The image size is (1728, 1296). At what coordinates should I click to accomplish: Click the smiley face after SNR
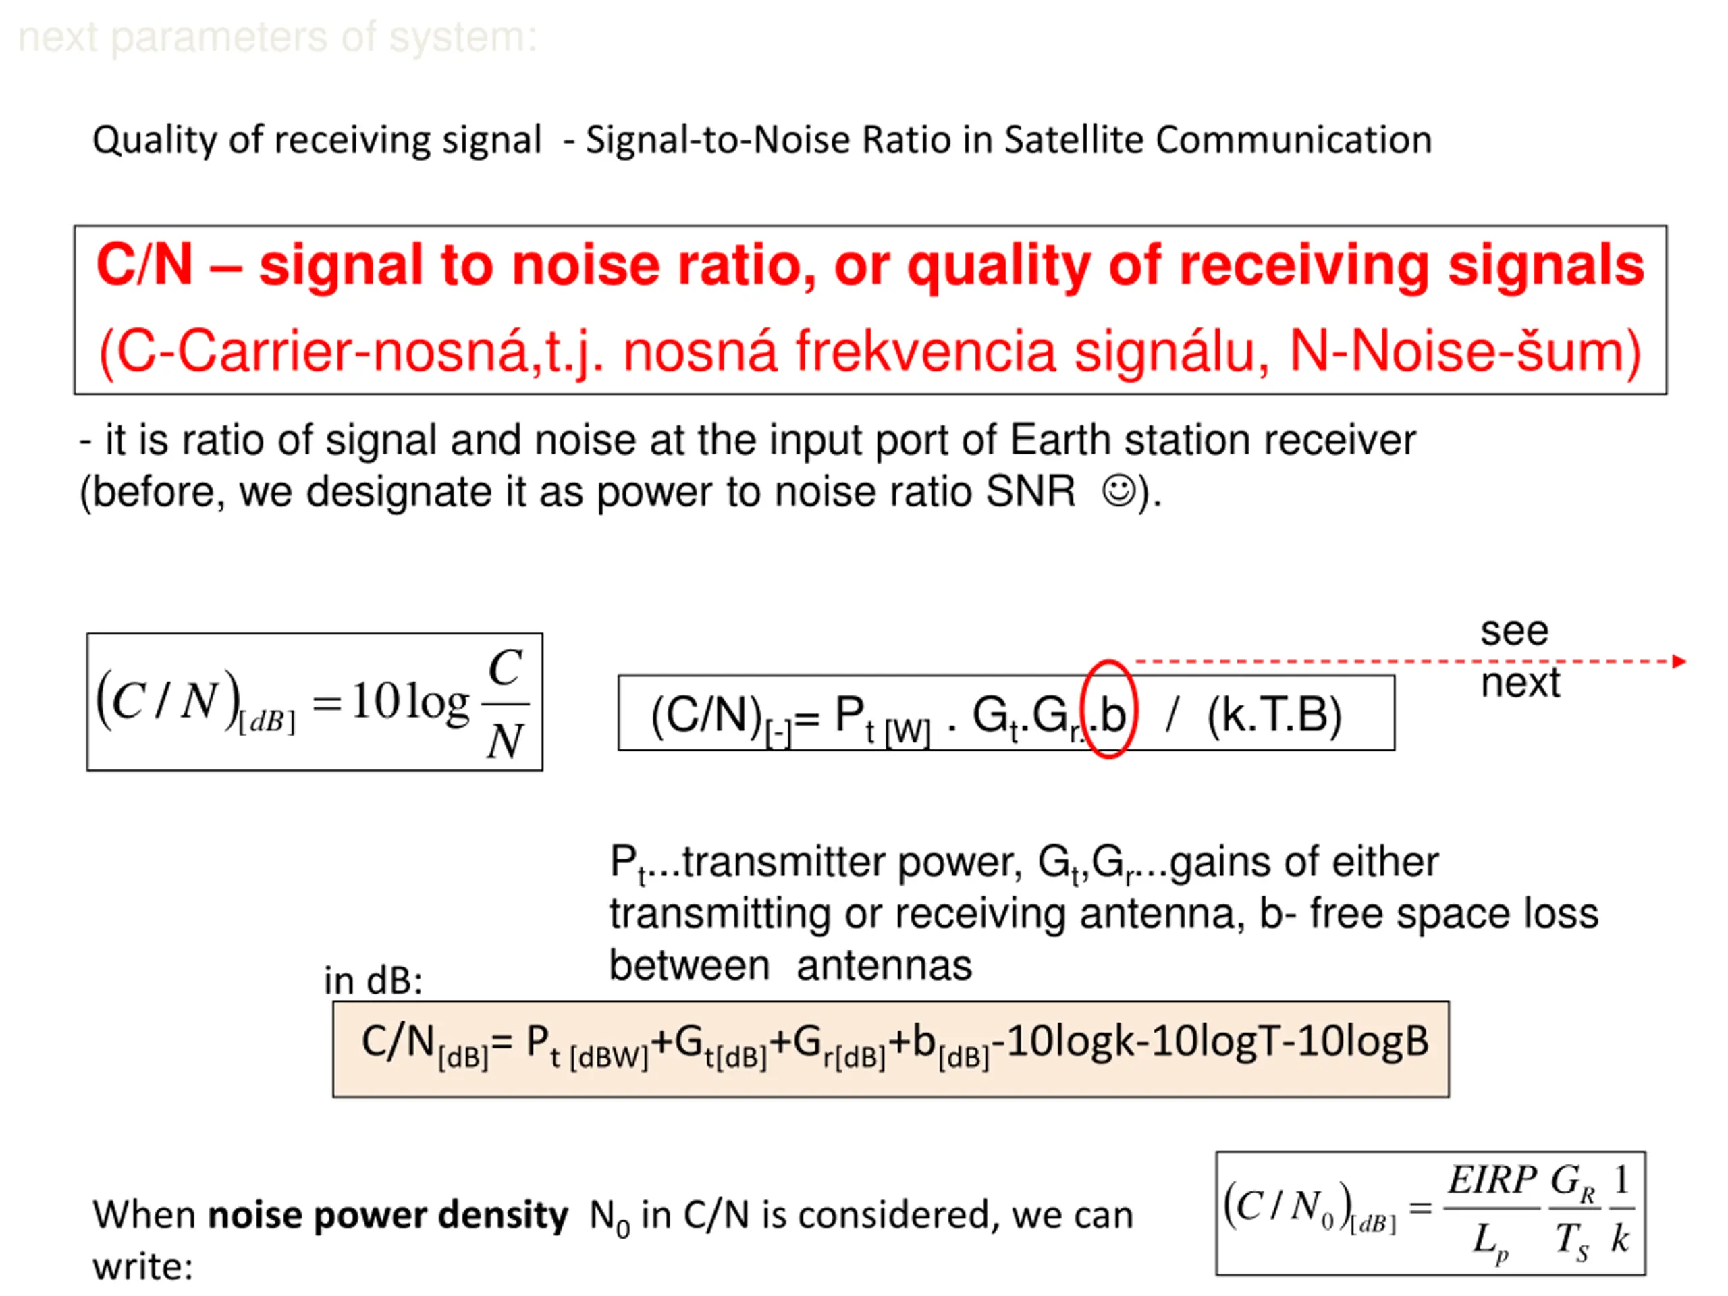coord(1118,491)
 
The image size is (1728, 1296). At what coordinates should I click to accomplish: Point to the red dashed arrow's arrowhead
coord(1679,661)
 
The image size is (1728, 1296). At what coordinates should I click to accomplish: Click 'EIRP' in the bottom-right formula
coord(1492,1181)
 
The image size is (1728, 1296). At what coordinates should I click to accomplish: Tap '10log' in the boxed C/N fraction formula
coord(409,701)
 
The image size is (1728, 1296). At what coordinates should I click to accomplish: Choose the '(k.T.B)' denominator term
coord(1274,715)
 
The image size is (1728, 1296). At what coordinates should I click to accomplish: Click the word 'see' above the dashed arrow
coord(1514,630)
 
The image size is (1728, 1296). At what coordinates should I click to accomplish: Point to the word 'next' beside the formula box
coord(1520,683)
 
